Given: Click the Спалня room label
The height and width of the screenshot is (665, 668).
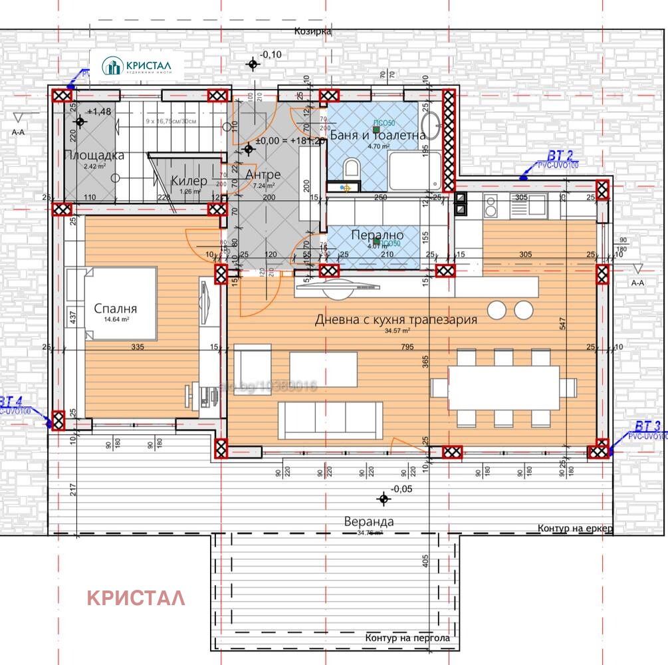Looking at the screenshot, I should [116, 309].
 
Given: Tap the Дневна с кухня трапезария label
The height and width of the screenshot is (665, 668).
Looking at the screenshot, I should [395, 320].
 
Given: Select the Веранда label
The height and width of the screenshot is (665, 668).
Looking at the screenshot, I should [368, 521].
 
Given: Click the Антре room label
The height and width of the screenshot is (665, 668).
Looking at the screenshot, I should [263, 174].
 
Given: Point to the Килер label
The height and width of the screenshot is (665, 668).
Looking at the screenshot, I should [189, 181].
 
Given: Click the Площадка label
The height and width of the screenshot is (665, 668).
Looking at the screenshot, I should [94, 156].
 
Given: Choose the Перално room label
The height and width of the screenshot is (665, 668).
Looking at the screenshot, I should [377, 235].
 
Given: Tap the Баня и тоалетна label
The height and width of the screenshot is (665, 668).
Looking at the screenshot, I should [377, 135].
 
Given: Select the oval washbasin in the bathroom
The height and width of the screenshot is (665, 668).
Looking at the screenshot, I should [431, 125].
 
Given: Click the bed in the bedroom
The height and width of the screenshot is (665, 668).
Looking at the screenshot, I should [120, 303].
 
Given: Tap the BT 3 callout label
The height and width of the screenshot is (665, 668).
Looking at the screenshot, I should [647, 426].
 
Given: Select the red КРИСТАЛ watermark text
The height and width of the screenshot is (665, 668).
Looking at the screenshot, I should [136, 598].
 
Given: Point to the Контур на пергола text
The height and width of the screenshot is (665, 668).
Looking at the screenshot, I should [407, 638].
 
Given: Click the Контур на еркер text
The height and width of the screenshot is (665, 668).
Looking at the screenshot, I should [574, 528].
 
